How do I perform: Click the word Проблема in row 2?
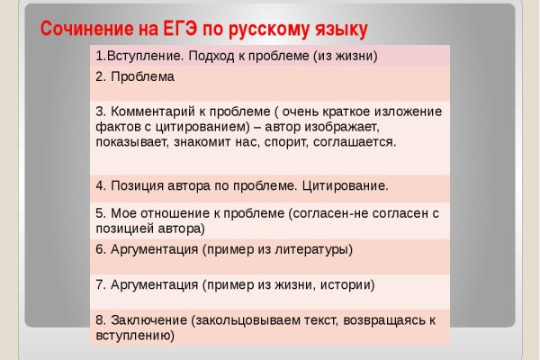pyautogui.click(x=142, y=76)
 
